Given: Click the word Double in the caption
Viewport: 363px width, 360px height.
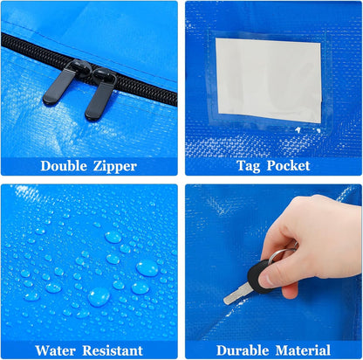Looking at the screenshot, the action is tap(64, 166).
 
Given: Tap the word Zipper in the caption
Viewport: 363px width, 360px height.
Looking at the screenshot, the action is tap(115, 167).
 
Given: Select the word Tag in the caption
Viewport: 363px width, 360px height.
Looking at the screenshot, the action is tap(249, 166).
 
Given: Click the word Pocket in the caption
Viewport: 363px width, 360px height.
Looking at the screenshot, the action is tap(288, 165).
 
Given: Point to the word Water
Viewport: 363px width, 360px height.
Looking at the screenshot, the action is tap(55, 350).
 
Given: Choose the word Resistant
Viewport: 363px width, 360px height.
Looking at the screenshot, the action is tap(113, 350).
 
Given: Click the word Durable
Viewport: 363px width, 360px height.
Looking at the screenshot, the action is tap(243, 350).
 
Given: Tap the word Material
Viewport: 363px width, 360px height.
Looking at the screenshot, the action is tap(303, 350).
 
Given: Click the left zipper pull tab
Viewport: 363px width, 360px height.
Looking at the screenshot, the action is tap(58, 85).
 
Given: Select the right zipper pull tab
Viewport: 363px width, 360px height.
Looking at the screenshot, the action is tap(100, 95).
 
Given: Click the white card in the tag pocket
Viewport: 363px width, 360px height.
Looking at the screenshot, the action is tap(268, 80).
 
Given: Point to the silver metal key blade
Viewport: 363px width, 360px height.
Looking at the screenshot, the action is tap(238, 294).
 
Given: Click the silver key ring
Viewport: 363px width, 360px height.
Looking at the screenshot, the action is tap(281, 253).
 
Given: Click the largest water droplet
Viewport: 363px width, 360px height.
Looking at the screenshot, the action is tap(147, 267).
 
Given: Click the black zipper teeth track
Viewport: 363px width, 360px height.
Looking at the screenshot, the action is tap(87, 70).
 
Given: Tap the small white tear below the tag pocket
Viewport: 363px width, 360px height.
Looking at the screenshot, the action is tap(298, 129).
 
